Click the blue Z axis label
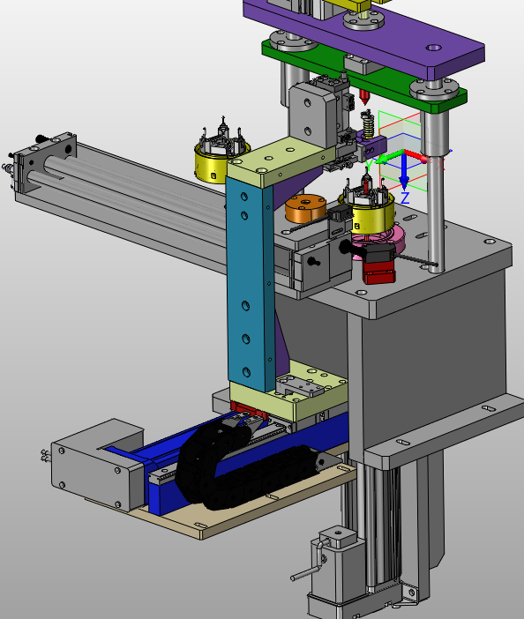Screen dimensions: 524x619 coord(405,198)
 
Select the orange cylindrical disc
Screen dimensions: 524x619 coord(305,207)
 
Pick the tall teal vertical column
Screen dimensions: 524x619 coord(250,284)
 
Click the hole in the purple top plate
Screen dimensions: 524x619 coord(433,48)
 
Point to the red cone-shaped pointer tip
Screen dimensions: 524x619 coord(365,97)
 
